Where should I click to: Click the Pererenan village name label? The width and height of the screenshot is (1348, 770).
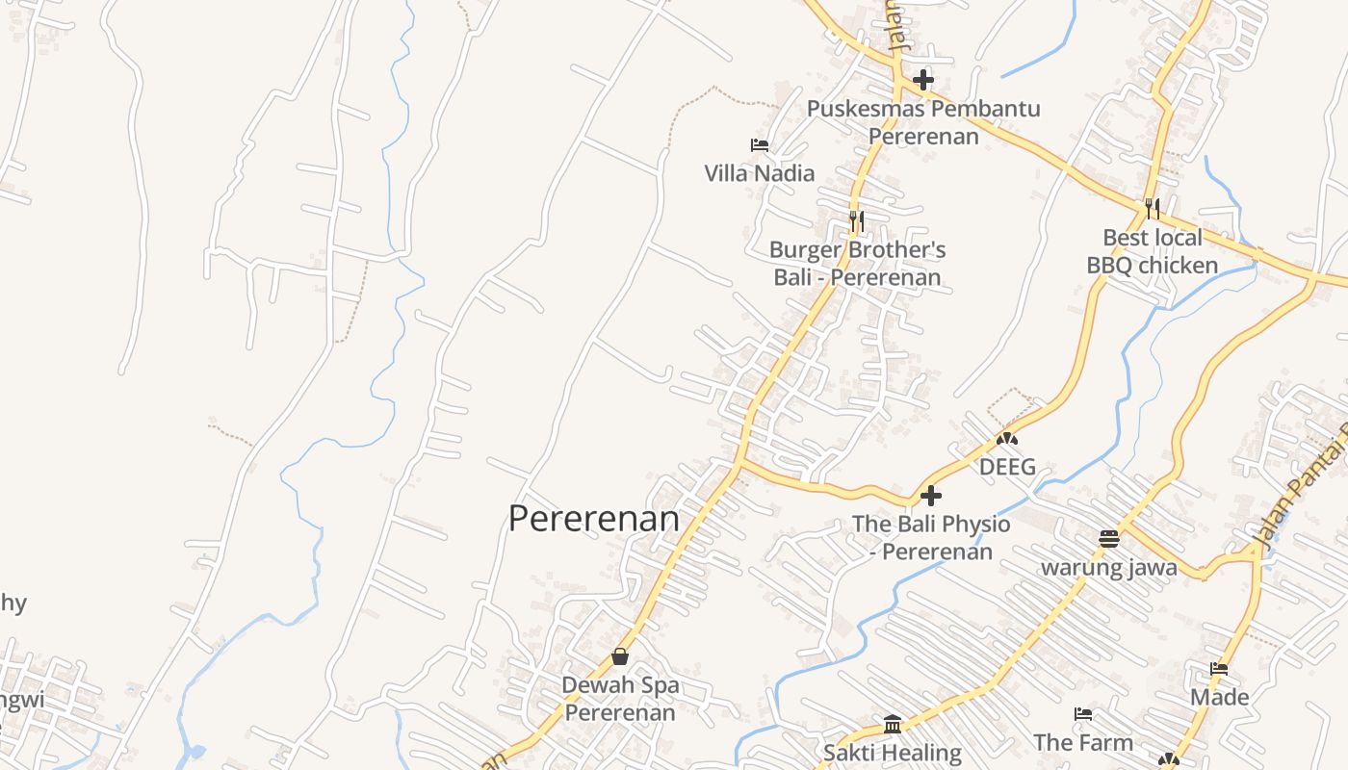[x=593, y=519]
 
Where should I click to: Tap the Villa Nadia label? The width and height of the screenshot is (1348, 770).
[x=759, y=173]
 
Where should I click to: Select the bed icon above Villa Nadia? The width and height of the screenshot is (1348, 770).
[x=759, y=145]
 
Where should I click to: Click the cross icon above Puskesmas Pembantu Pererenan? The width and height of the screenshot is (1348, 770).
[x=923, y=79]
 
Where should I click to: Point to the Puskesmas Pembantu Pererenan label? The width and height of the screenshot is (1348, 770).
[x=923, y=122]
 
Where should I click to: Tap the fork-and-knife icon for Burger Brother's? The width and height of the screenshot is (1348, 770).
[x=856, y=221]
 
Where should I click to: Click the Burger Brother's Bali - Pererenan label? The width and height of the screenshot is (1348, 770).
[x=857, y=265]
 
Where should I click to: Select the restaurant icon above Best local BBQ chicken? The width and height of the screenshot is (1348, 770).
[x=1152, y=208]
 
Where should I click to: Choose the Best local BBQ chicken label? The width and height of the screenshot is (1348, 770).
[x=1153, y=251]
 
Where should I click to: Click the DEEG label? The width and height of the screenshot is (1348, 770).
[x=1007, y=468]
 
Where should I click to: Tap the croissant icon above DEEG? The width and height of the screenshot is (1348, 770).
[x=1007, y=439]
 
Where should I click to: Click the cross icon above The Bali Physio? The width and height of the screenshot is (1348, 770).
[x=931, y=496]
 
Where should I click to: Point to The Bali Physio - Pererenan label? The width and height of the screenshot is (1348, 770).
[x=931, y=538]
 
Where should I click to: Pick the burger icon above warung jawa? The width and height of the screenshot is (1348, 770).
[x=1108, y=539]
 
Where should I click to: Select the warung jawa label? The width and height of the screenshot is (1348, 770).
[x=1108, y=567]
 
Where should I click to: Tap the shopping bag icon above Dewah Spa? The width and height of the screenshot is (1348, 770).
[x=620, y=656]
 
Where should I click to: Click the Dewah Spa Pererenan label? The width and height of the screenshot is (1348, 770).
[x=620, y=699]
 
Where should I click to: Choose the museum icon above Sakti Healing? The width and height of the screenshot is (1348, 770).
[x=893, y=724]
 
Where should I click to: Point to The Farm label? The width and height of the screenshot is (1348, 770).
[x=1083, y=742]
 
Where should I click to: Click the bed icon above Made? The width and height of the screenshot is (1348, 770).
[x=1219, y=668]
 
